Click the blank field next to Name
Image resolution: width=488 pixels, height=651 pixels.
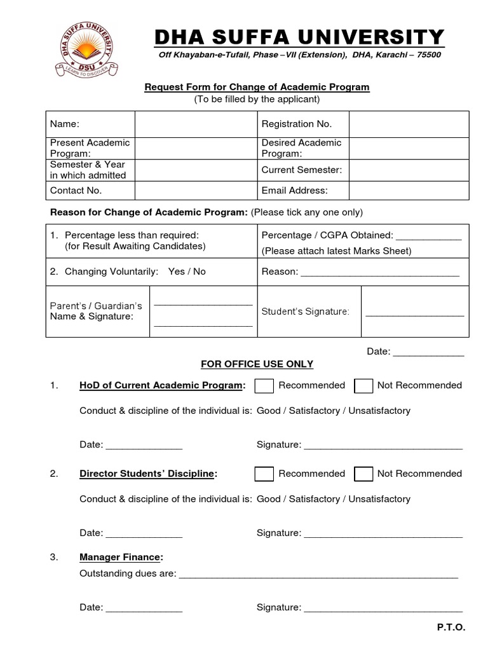click(195, 124)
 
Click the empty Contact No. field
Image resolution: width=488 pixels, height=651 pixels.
click(195, 190)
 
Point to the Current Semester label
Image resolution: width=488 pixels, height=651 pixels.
click(301, 170)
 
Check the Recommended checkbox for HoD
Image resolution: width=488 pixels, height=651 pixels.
click(264, 386)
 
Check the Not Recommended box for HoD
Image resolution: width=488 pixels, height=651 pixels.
click(363, 386)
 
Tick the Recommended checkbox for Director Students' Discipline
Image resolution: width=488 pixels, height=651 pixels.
click(264, 474)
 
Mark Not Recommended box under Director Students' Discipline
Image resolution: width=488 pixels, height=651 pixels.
click(363, 474)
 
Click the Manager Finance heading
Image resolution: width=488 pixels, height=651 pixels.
click(121, 558)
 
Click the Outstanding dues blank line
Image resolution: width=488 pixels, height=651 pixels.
click(318, 575)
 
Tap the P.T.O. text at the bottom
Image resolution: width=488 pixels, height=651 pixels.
click(451, 627)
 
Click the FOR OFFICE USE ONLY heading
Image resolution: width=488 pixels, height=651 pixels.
click(257, 364)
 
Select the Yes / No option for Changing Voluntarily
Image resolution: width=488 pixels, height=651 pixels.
click(187, 271)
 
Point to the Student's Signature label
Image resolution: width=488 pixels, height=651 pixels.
click(305, 311)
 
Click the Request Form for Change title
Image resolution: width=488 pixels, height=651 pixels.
click(257, 87)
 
